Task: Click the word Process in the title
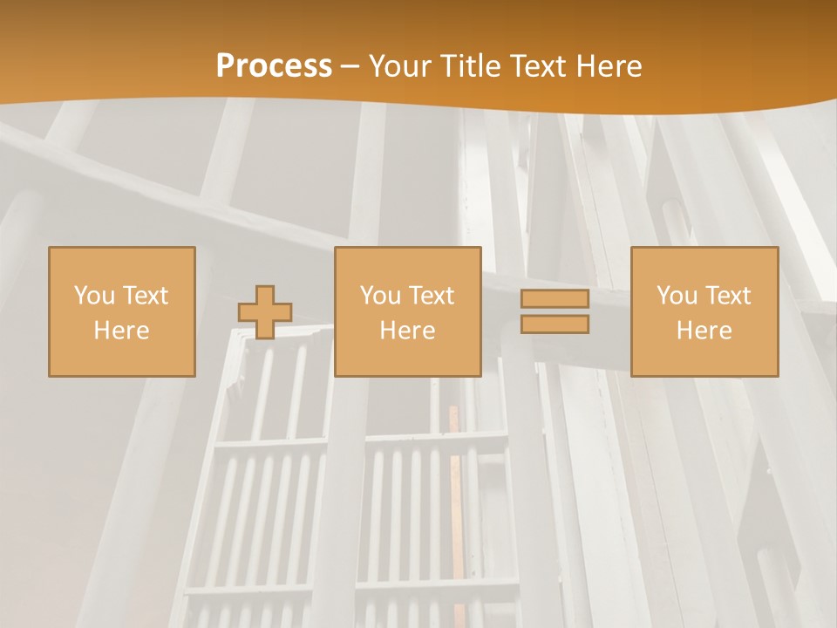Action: (x=274, y=66)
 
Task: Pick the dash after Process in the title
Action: (x=350, y=68)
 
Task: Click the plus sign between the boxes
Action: (x=265, y=312)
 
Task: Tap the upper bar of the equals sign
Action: (x=555, y=299)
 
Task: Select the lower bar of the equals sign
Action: (x=555, y=324)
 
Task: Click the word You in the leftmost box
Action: (x=94, y=296)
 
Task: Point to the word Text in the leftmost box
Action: (x=146, y=296)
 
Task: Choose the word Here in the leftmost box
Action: (x=121, y=331)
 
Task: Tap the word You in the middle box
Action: (x=380, y=296)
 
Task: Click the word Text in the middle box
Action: (x=432, y=296)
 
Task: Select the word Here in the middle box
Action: (x=407, y=331)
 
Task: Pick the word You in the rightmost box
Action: (x=677, y=296)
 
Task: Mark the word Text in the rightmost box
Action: (x=728, y=296)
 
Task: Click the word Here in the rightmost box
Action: (x=704, y=331)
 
